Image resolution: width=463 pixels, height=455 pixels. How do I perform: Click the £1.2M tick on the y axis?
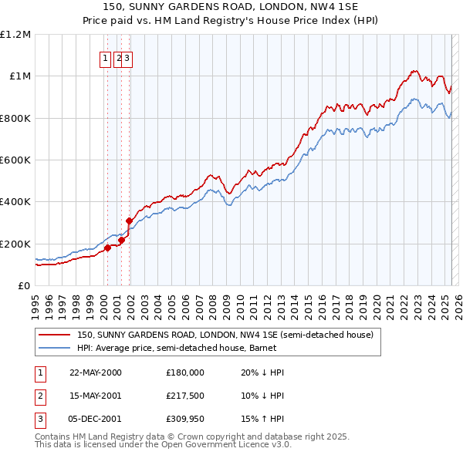15,35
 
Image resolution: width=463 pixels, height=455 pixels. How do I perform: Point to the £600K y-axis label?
15,160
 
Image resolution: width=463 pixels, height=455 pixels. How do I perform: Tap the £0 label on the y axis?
25,286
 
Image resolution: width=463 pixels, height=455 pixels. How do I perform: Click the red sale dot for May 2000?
108,248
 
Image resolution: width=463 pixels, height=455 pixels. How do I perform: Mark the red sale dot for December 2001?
129,221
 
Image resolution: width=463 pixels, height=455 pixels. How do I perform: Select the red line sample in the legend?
55,335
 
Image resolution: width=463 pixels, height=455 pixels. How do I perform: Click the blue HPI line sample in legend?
55,349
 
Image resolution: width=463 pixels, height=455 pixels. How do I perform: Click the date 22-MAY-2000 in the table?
96,372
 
